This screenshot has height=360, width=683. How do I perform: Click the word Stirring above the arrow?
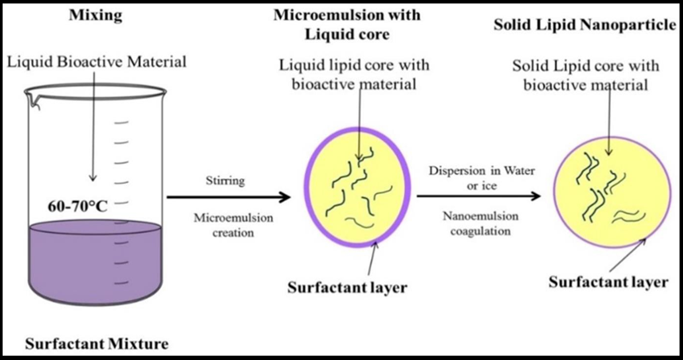pos(224,182)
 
